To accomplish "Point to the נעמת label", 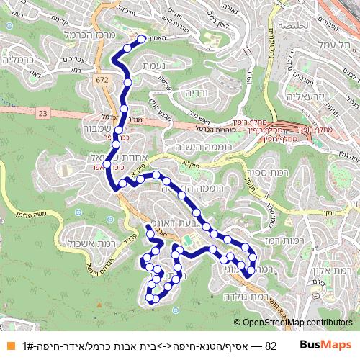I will tap(145, 66).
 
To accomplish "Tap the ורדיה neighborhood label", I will tap(196, 94).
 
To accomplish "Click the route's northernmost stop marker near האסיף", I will tap(142, 40).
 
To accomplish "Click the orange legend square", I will tap(8, 346).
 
